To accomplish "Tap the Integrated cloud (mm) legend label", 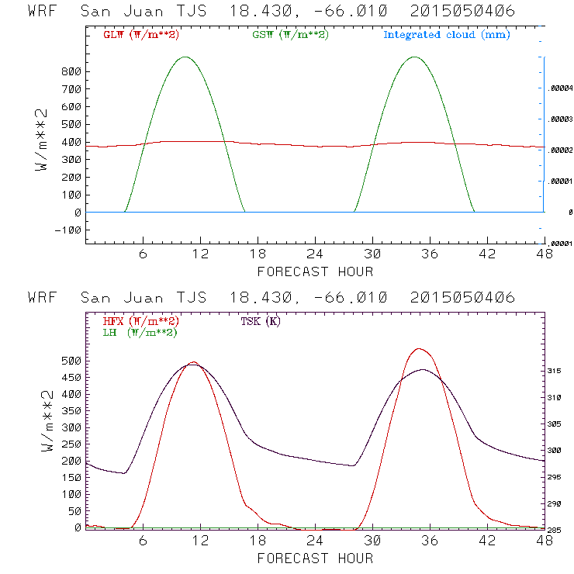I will [446, 35].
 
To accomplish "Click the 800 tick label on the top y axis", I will [73, 71].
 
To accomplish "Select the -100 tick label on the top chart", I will [70, 230].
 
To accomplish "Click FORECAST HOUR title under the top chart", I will [315, 271].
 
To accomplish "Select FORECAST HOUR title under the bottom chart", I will [315, 558].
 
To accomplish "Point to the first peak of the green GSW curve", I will [185, 57].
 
